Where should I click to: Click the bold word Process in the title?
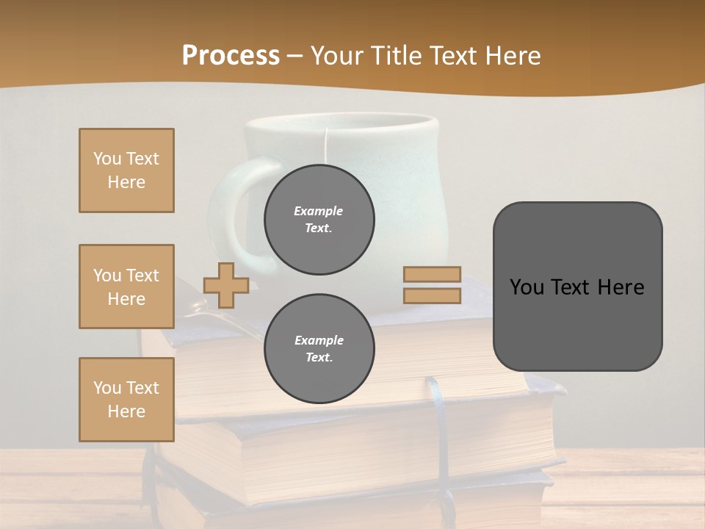(x=231, y=56)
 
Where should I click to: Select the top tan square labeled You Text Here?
(x=126, y=170)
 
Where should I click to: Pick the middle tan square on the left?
(x=126, y=287)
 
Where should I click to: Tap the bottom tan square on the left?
(x=126, y=399)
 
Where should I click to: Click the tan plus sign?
(x=226, y=285)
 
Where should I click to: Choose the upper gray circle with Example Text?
(x=319, y=220)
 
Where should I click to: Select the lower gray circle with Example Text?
(x=319, y=349)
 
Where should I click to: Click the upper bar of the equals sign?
(x=432, y=274)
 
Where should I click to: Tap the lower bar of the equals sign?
(x=432, y=295)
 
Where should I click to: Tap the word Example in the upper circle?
(x=318, y=211)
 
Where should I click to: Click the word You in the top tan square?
(x=107, y=159)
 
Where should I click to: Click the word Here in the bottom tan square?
(x=126, y=411)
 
